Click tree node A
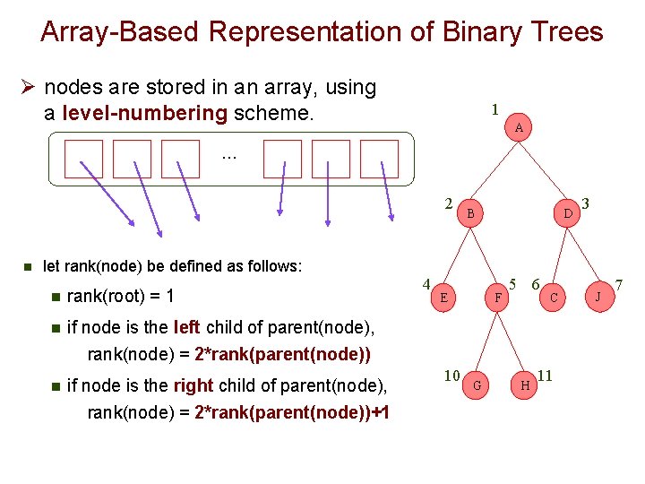click(x=519, y=128)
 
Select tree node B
click(x=470, y=212)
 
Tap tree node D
click(x=567, y=212)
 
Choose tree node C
click(x=555, y=296)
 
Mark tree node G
click(x=477, y=385)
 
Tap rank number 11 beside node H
click(x=546, y=375)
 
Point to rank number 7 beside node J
click(x=618, y=284)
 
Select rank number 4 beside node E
click(x=427, y=284)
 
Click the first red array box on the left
click(x=83, y=159)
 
